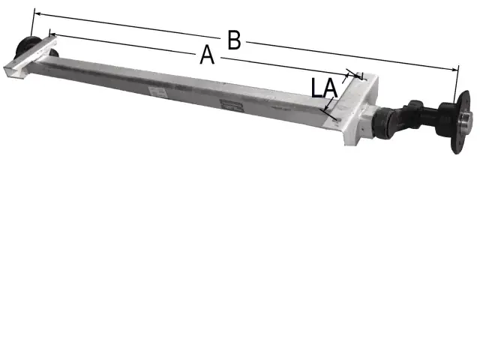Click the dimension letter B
[x=234, y=40]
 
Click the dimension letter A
[x=207, y=55]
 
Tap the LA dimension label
[x=324, y=88]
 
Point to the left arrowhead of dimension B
[x=37, y=13]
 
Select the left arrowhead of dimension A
[x=52, y=34]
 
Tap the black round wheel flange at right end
[x=460, y=122]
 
